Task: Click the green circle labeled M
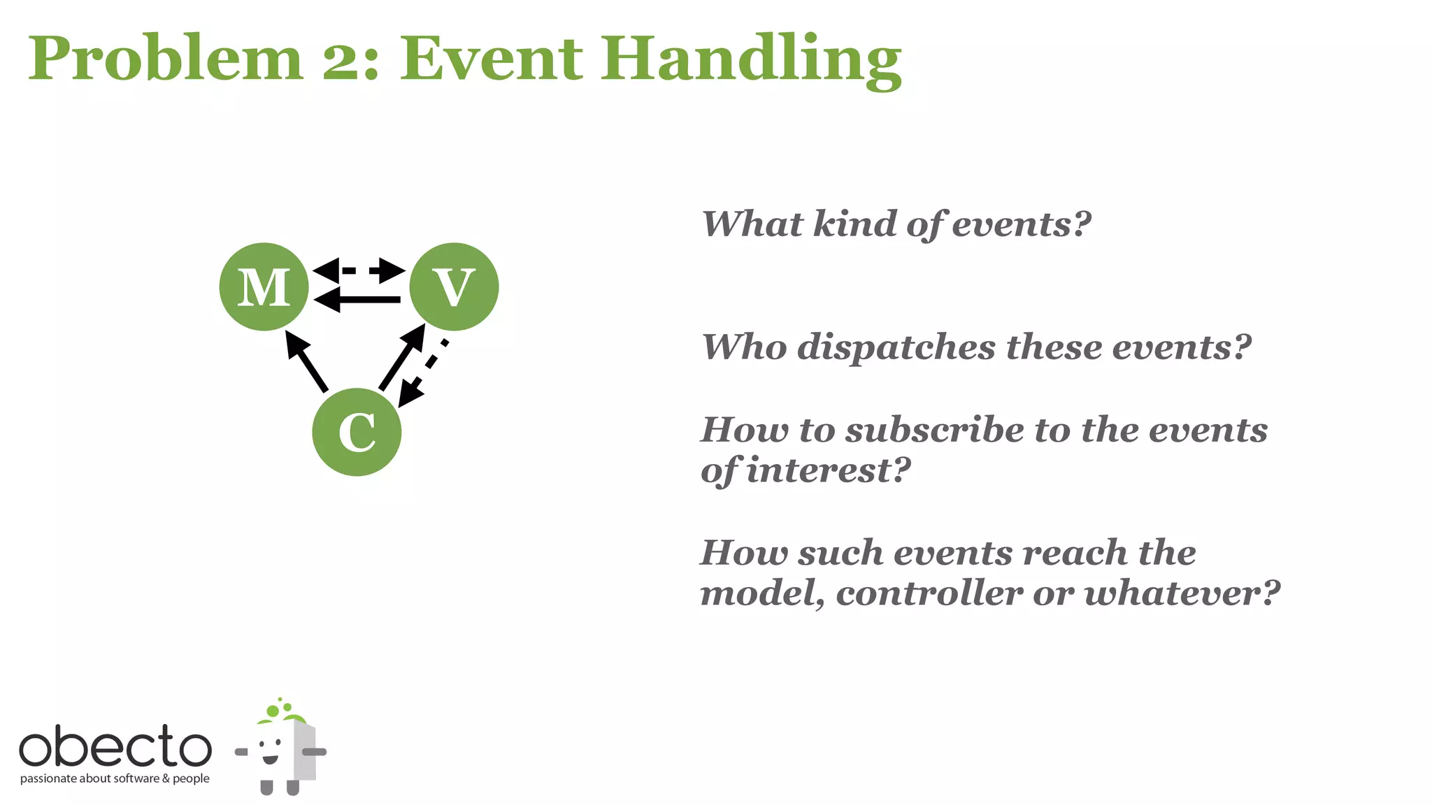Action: (x=264, y=287)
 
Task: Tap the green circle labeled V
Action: (x=454, y=287)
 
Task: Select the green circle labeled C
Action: (x=357, y=432)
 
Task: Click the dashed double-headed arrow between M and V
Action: (x=359, y=270)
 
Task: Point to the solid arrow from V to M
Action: (x=359, y=300)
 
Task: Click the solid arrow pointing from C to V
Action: (x=402, y=357)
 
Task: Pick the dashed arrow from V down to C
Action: (x=422, y=374)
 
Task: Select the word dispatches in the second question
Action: (x=896, y=347)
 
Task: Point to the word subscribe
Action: (x=934, y=429)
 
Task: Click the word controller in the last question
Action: (x=929, y=593)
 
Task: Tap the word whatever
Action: (x=1181, y=593)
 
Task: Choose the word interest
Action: (x=828, y=470)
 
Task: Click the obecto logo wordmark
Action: (x=115, y=746)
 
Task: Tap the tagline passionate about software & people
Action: (x=115, y=778)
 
